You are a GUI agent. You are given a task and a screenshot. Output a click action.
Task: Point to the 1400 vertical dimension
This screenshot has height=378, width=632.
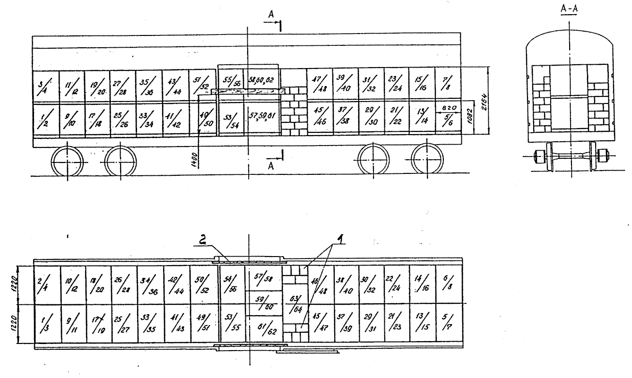click(196, 157)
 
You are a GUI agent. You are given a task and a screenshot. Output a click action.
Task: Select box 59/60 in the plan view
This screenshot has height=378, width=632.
click(261, 301)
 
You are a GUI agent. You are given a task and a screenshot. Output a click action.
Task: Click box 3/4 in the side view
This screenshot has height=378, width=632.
click(46, 86)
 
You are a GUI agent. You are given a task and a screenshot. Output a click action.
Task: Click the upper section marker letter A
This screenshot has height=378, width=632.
click(270, 16)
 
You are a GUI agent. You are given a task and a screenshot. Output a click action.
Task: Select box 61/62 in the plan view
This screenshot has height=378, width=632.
click(262, 327)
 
